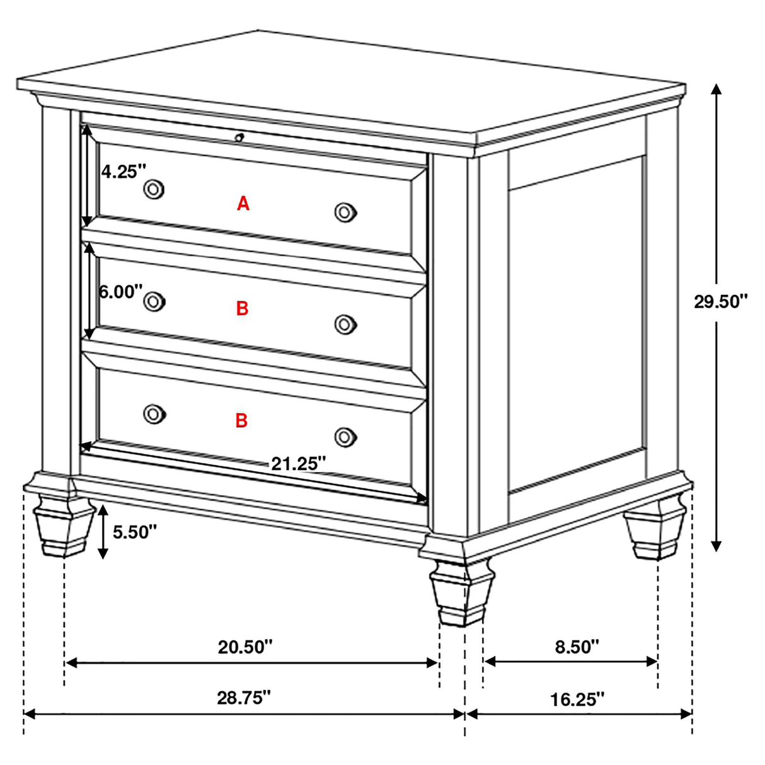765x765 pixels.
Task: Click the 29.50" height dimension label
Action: tap(720, 302)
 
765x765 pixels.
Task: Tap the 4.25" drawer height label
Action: tap(124, 171)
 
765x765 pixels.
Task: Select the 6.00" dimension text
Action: tap(120, 292)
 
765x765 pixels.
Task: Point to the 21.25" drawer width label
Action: tap(298, 464)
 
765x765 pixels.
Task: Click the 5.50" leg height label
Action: tap(134, 532)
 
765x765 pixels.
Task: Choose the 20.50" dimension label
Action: tap(246, 647)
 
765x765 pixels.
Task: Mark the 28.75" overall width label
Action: tap(244, 698)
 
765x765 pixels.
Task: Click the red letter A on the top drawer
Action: tap(243, 204)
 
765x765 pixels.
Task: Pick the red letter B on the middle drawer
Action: tap(243, 309)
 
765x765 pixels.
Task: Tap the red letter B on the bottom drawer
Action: tap(241, 420)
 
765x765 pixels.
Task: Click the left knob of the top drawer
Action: tap(154, 188)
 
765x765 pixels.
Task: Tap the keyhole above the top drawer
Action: tap(239, 137)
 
